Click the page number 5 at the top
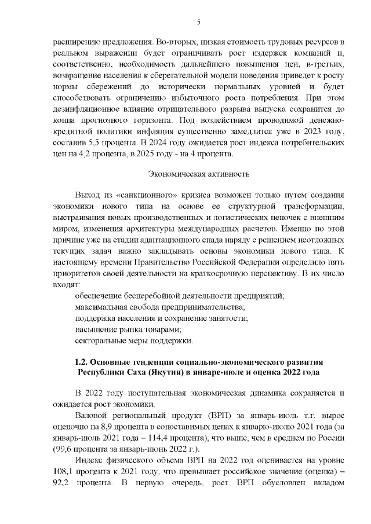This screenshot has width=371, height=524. [198, 22]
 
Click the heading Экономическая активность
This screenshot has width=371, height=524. [199, 173]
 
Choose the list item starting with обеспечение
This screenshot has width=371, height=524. [180, 296]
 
